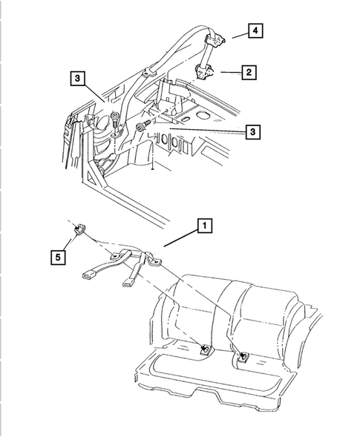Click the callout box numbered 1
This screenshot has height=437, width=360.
(x=203, y=225)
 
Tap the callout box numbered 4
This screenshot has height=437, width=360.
(x=255, y=31)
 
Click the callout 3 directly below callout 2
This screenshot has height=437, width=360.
(x=253, y=131)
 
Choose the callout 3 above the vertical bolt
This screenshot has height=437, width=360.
(x=76, y=76)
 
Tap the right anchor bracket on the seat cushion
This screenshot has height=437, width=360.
(x=243, y=358)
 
